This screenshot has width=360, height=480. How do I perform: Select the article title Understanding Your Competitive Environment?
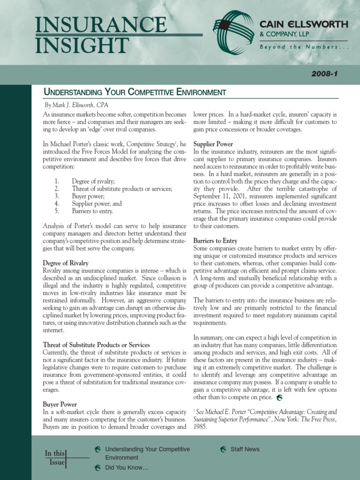pyautogui.click(x=135, y=92)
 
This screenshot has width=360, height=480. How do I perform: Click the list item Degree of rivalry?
pyautogui.click(x=93, y=181)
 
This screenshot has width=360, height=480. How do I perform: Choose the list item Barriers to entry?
pyautogui.click(x=92, y=211)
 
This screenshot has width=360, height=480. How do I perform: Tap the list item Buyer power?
pyautogui.click(x=89, y=196)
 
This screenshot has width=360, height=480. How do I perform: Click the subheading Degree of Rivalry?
pyautogui.click(x=66, y=263)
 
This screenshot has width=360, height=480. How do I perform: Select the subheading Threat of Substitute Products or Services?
pyautogui.click(x=96, y=345)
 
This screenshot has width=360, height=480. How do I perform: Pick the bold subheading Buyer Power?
pyautogui.click(x=60, y=404)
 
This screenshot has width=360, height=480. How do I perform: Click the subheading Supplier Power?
pyautogui.click(x=213, y=144)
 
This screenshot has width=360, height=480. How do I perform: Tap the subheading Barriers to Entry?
pyautogui.click(x=215, y=240)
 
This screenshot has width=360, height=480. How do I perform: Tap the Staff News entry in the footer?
pyautogui.click(x=245, y=449)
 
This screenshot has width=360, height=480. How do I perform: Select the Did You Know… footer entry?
pyautogui.click(x=127, y=467)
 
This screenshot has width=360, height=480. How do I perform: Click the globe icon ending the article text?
pyautogui.click(x=279, y=397)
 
